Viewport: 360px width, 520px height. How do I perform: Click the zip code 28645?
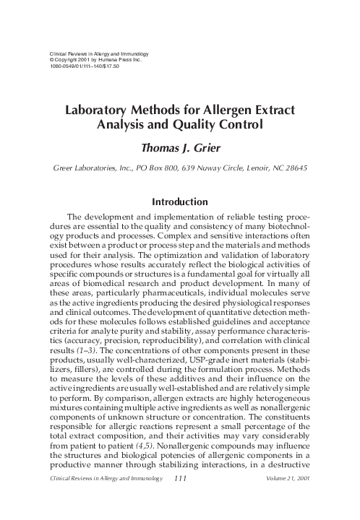pyautogui.click(x=298, y=168)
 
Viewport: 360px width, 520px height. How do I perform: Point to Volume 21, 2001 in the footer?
pyautogui.click(x=289, y=500)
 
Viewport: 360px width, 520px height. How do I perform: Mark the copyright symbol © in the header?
pyautogui.click(x=50, y=59)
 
